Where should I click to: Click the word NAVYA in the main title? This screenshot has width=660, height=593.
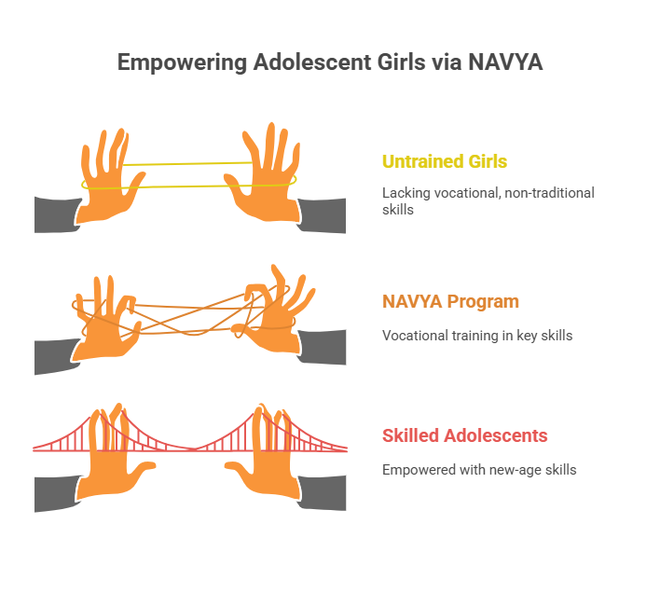pos(505,62)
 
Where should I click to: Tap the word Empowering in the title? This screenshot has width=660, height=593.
pos(182,63)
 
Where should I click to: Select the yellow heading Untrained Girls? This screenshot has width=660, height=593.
pos(445,161)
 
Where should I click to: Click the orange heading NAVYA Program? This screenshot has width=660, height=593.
pos(450,302)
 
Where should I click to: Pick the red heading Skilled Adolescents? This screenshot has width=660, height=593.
pos(464,435)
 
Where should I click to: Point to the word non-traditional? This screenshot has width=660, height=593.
pos(549,193)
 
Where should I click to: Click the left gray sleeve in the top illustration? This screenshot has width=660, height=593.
pos(57,214)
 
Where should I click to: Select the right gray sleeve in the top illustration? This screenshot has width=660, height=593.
pos(323,215)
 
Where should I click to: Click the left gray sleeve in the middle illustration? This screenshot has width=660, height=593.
pos(56,356)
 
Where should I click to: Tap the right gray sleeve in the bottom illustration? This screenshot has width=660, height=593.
pos(323,492)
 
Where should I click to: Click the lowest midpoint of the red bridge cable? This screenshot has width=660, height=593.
pos(194,449)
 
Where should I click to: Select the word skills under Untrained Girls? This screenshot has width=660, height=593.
pos(398,210)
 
